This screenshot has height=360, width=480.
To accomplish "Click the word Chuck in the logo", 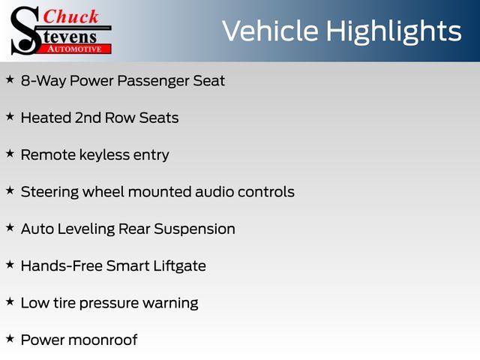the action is pos(70,16).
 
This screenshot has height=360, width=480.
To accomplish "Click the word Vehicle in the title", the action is pos(270,31).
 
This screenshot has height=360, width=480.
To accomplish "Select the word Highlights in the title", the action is pos(393,31).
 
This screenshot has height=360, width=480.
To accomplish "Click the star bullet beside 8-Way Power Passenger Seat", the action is pos(10,79).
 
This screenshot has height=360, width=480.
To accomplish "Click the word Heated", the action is pos(46,118).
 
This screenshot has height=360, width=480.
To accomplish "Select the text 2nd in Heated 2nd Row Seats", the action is pos(88,118).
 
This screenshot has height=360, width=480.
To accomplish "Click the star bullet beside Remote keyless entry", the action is pos(10,153).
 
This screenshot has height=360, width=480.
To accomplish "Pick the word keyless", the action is pos(105,155).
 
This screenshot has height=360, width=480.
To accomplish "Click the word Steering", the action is pos(49,193).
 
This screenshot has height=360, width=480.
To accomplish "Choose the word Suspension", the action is pos(195,229).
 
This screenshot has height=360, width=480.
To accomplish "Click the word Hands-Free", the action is pos(61,265).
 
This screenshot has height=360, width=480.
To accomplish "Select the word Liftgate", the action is pos(180,266).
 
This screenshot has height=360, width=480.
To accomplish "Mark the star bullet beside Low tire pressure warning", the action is pos(10,301).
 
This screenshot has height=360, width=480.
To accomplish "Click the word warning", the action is pos(170,303).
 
